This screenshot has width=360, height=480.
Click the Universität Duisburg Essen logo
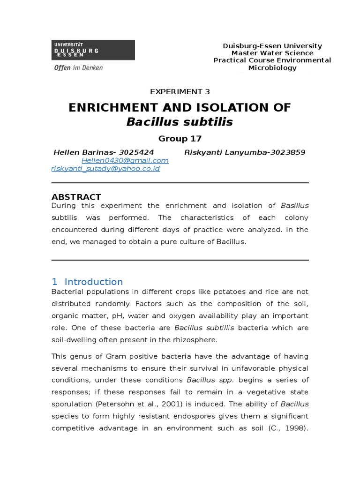coord(93,50)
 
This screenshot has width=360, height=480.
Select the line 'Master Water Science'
coord(272,53)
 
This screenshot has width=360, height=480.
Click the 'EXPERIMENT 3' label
coord(180,92)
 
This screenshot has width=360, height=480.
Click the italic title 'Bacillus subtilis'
coord(180,122)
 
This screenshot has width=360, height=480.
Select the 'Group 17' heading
coord(180,138)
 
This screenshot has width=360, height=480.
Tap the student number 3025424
coord(136,152)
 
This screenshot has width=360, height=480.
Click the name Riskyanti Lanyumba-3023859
coord(245,152)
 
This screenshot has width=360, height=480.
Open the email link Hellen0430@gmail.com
coord(125,160)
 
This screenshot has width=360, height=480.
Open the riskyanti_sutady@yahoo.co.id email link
coord(105,168)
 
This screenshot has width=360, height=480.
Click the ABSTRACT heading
coord(76,197)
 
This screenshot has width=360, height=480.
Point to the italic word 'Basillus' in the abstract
coord(294,206)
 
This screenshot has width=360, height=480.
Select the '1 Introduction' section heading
coord(87,282)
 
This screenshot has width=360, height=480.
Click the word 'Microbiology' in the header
coord(272,68)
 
